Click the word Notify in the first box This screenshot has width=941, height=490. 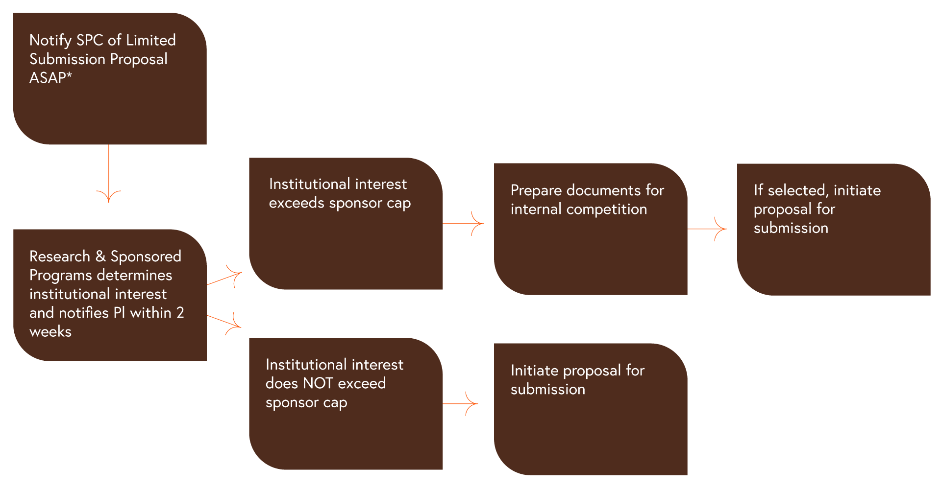coord(50,40)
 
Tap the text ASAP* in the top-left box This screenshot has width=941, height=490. coord(50,78)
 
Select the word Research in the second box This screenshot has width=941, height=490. coord(60,257)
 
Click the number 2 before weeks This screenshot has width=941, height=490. coord(180,313)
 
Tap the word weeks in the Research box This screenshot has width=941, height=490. coord(50,332)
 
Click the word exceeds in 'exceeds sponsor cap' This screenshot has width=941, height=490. coord(297,203)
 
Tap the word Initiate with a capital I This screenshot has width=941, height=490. coord(534,371)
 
